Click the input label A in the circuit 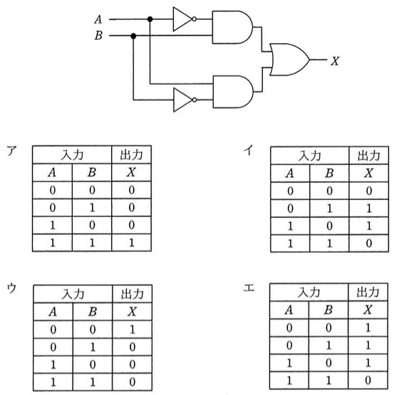click(x=98, y=19)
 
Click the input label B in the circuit click(x=98, y=36)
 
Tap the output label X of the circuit click(x=335, y=61)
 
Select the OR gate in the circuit click(x=289, y=60)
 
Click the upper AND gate click(x=232, y=27)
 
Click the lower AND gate click(x=233, y=92)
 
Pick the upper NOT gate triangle click(x=182, y=19)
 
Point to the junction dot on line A click(x=150, y=19)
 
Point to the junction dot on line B click(x=133, y=36)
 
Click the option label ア click(x=12, y=151)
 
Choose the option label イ click(x=249, y=149)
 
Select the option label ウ click(x=11, y=288)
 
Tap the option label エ click(x=249, y=288)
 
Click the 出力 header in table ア click(x=131, y=155)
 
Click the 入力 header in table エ click(x=309, y=293)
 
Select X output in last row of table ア click(x=132, y=243)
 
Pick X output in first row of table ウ click(x=133, y=330)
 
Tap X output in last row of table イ click(x=369, y=243)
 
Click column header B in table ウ click(x=93, y=312)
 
